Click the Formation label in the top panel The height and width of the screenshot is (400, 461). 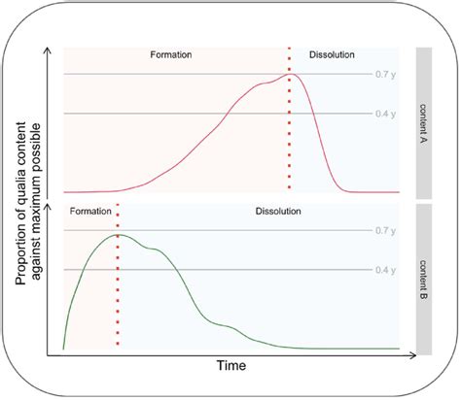171,55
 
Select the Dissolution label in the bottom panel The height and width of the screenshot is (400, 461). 278,211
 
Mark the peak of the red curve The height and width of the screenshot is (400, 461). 291,73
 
